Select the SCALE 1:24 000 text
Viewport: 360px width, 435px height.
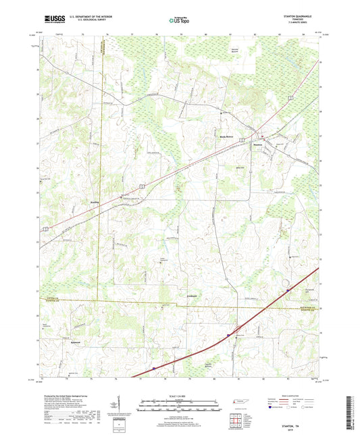180,395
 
